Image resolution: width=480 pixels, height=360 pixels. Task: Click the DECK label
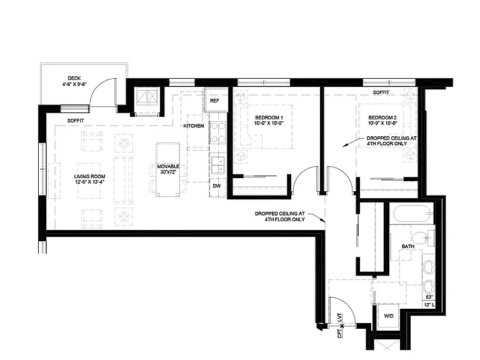pyautogui.click(x=74, y=78)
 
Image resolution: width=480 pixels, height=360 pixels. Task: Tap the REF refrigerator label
pyautogui.click(x=214, y=101)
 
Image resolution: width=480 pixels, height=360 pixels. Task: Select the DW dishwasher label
pyautogui.click(x=217, y=186)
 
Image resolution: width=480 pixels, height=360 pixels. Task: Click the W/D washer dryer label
pyautogui.click(x=389, y=316)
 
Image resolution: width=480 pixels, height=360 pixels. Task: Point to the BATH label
pyautogui.click(x=408, y=246)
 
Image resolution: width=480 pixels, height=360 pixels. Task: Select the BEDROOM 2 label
pyautogui.click(x=382, y=117)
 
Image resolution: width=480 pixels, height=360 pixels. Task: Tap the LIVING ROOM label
pyautogui.click(x=90, y=176)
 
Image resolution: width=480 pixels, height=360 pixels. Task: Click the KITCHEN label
pyautogui.click(x=194, y=126)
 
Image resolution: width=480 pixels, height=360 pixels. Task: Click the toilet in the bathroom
pyautogui.click(x=423, y=238)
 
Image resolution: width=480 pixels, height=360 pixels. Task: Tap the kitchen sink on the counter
pyautogui.click(x=218, y=165)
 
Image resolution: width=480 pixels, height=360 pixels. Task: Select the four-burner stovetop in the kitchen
pyautogui.click(x=217, y=133)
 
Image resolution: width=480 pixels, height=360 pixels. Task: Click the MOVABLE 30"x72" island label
pyautogui.click(x=168, y=169)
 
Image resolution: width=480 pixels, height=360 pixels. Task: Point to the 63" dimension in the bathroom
pyautogui.click(x=429, y=297)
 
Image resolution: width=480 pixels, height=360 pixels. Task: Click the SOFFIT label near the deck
pyautogui.click(x=76, y=121)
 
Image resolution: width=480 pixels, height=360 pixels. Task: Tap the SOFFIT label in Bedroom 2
pyautogui.click(x=381, y=92)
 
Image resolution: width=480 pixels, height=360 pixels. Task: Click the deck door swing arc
pyautogui.click(x=101, y=88)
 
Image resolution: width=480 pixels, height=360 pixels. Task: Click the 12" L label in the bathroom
pyautogui.click(x=429, y=305)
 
